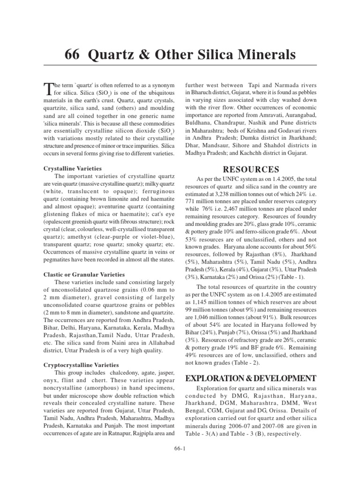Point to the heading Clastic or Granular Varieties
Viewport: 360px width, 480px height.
pyautogui.click(x=84, y=274)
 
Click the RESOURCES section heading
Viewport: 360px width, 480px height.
pyautogui.click(x=251, y=170)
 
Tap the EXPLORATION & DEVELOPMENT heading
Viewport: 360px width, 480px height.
pyautogui.click(x=251, y=378)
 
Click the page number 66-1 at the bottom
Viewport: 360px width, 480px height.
pyautogui.click(x=180, y=449)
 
